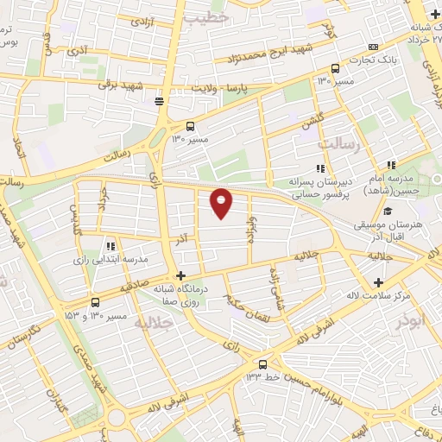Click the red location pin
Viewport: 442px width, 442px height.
[x=222, y=202]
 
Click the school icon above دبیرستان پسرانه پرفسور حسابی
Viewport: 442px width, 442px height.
[x=320, y=168]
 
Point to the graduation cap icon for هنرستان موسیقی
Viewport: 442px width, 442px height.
[x=388, y=211]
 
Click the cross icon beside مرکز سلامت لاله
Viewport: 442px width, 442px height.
[x=379, y=282]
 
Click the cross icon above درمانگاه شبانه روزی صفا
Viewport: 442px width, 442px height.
[x=180, y=275]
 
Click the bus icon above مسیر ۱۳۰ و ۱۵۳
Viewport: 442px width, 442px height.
[x=94, y=303]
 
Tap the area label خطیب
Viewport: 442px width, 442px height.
[x=208, y=16]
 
